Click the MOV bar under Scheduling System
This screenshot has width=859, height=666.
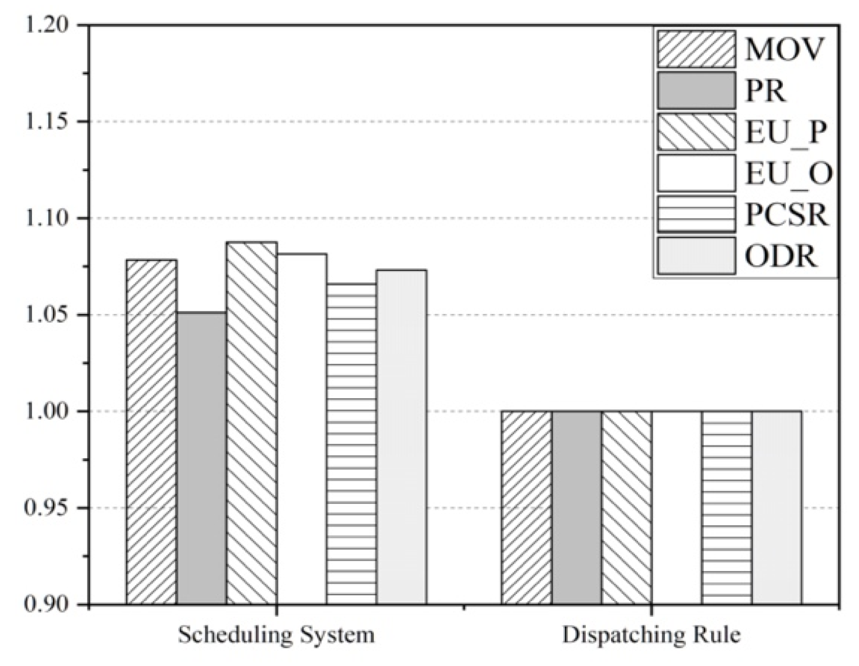151,432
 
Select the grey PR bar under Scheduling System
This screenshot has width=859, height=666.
202,457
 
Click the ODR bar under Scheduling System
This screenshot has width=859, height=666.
401,437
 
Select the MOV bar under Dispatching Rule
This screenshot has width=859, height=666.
526,508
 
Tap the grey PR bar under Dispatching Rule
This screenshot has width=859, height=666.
576,508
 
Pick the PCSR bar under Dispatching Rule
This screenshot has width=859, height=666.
726,508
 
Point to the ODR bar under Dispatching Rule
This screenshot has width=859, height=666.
777,508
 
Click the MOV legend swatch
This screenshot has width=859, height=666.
696,49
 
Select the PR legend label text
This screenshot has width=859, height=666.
765,91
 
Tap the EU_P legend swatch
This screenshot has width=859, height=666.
696,132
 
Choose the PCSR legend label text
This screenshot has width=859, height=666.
786,215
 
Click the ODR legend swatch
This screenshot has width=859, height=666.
696,256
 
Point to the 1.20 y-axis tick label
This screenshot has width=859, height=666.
45,25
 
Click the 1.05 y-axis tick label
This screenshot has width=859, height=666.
45,315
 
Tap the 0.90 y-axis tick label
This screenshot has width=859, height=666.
45,605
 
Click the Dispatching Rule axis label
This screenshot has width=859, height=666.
651,635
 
